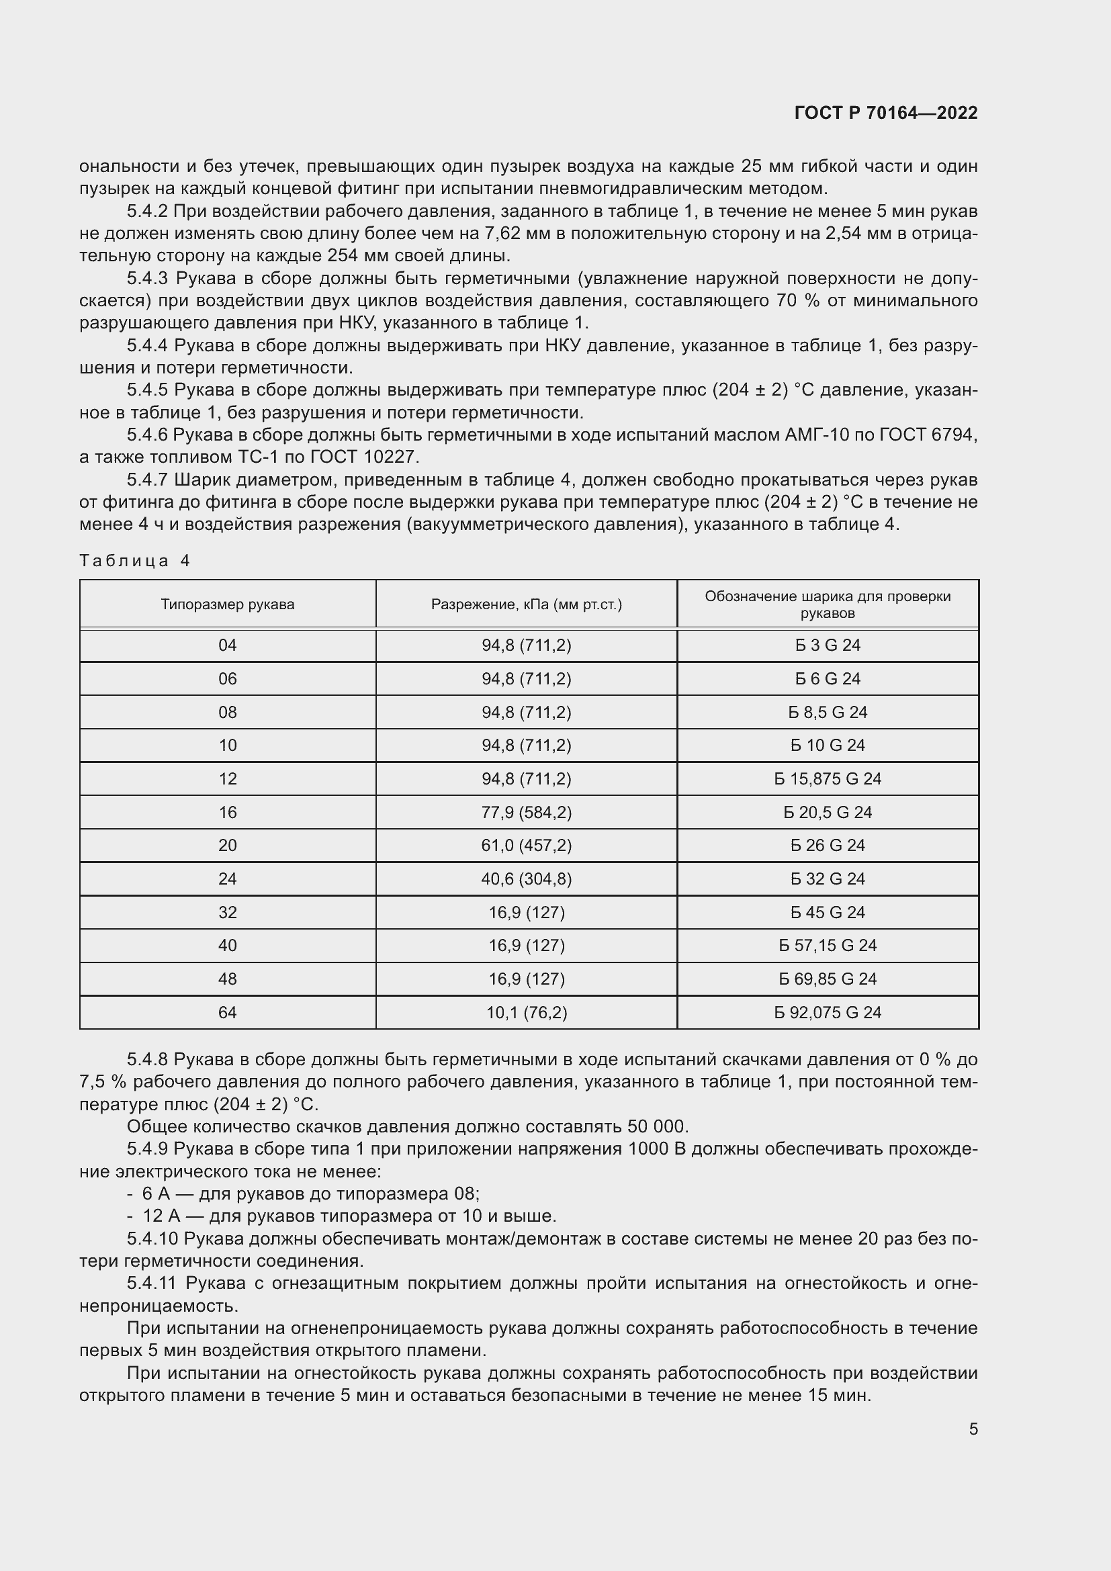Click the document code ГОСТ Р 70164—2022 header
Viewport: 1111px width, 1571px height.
[886, 113]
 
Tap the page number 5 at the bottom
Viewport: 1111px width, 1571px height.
[973, 1429]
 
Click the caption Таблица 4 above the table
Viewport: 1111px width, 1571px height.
[135, 561]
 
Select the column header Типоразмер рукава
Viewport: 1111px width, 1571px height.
[227, 604]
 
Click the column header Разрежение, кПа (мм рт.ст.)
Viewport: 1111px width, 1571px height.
[526, 604]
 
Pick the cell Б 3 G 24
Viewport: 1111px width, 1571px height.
[827, 645]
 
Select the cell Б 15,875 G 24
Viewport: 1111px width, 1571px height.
[827, 778]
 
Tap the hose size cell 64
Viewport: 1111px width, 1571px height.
[227, 1012]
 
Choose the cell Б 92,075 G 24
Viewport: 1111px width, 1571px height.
[827, 1012]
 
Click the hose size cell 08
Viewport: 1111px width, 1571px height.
[227, 712]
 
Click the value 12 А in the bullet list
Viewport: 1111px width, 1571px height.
[156, 1216]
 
